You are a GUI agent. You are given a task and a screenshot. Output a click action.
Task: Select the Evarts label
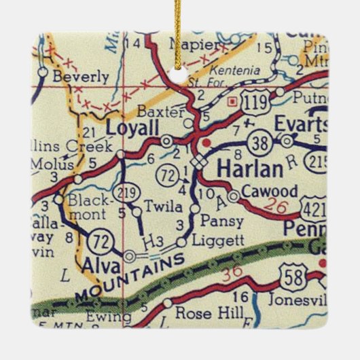tap(301, 124)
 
